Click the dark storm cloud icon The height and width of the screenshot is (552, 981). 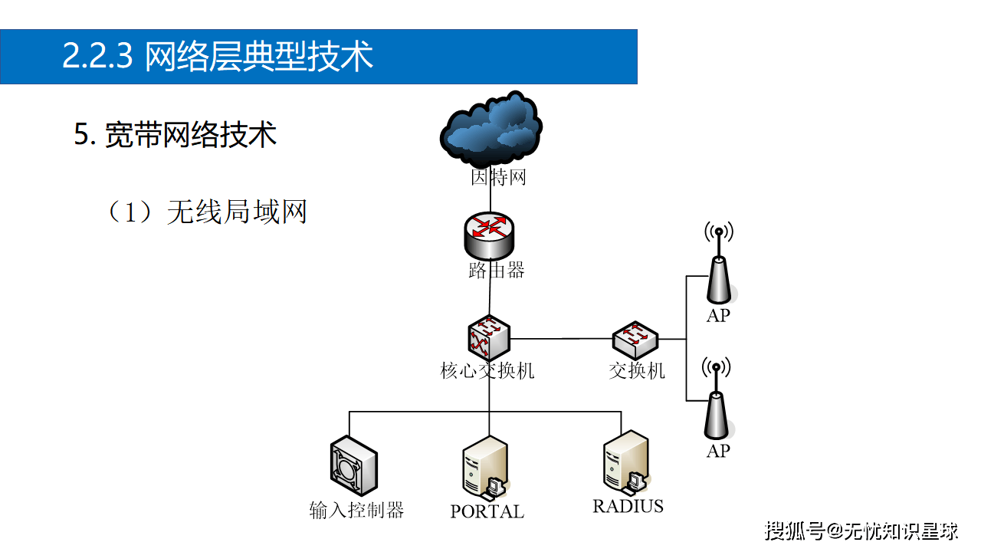[x=490, y=128]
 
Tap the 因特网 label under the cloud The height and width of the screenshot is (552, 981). [x=498, y=179]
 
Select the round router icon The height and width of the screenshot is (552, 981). [x=489, y=235]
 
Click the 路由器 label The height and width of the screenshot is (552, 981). [x=497, y=271]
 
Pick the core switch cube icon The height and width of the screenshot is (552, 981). [x=489, y=337]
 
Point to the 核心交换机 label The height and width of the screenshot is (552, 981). [x=487, y=371]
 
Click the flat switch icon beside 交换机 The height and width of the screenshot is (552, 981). [x=635, y=338]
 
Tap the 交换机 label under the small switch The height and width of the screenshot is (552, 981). [x=637, y=371]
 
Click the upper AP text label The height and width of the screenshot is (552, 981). [x=718, y=315]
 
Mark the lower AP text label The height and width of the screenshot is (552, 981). [x=718, y=451]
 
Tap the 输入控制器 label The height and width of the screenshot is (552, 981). [x=356, y=511]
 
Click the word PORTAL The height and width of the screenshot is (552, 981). [x=487, y=511]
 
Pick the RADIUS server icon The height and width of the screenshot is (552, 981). [x=626, y=462]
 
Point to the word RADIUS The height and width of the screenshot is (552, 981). [x=628, y=506]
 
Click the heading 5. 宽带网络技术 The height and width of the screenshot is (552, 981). [x=176, y=135]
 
